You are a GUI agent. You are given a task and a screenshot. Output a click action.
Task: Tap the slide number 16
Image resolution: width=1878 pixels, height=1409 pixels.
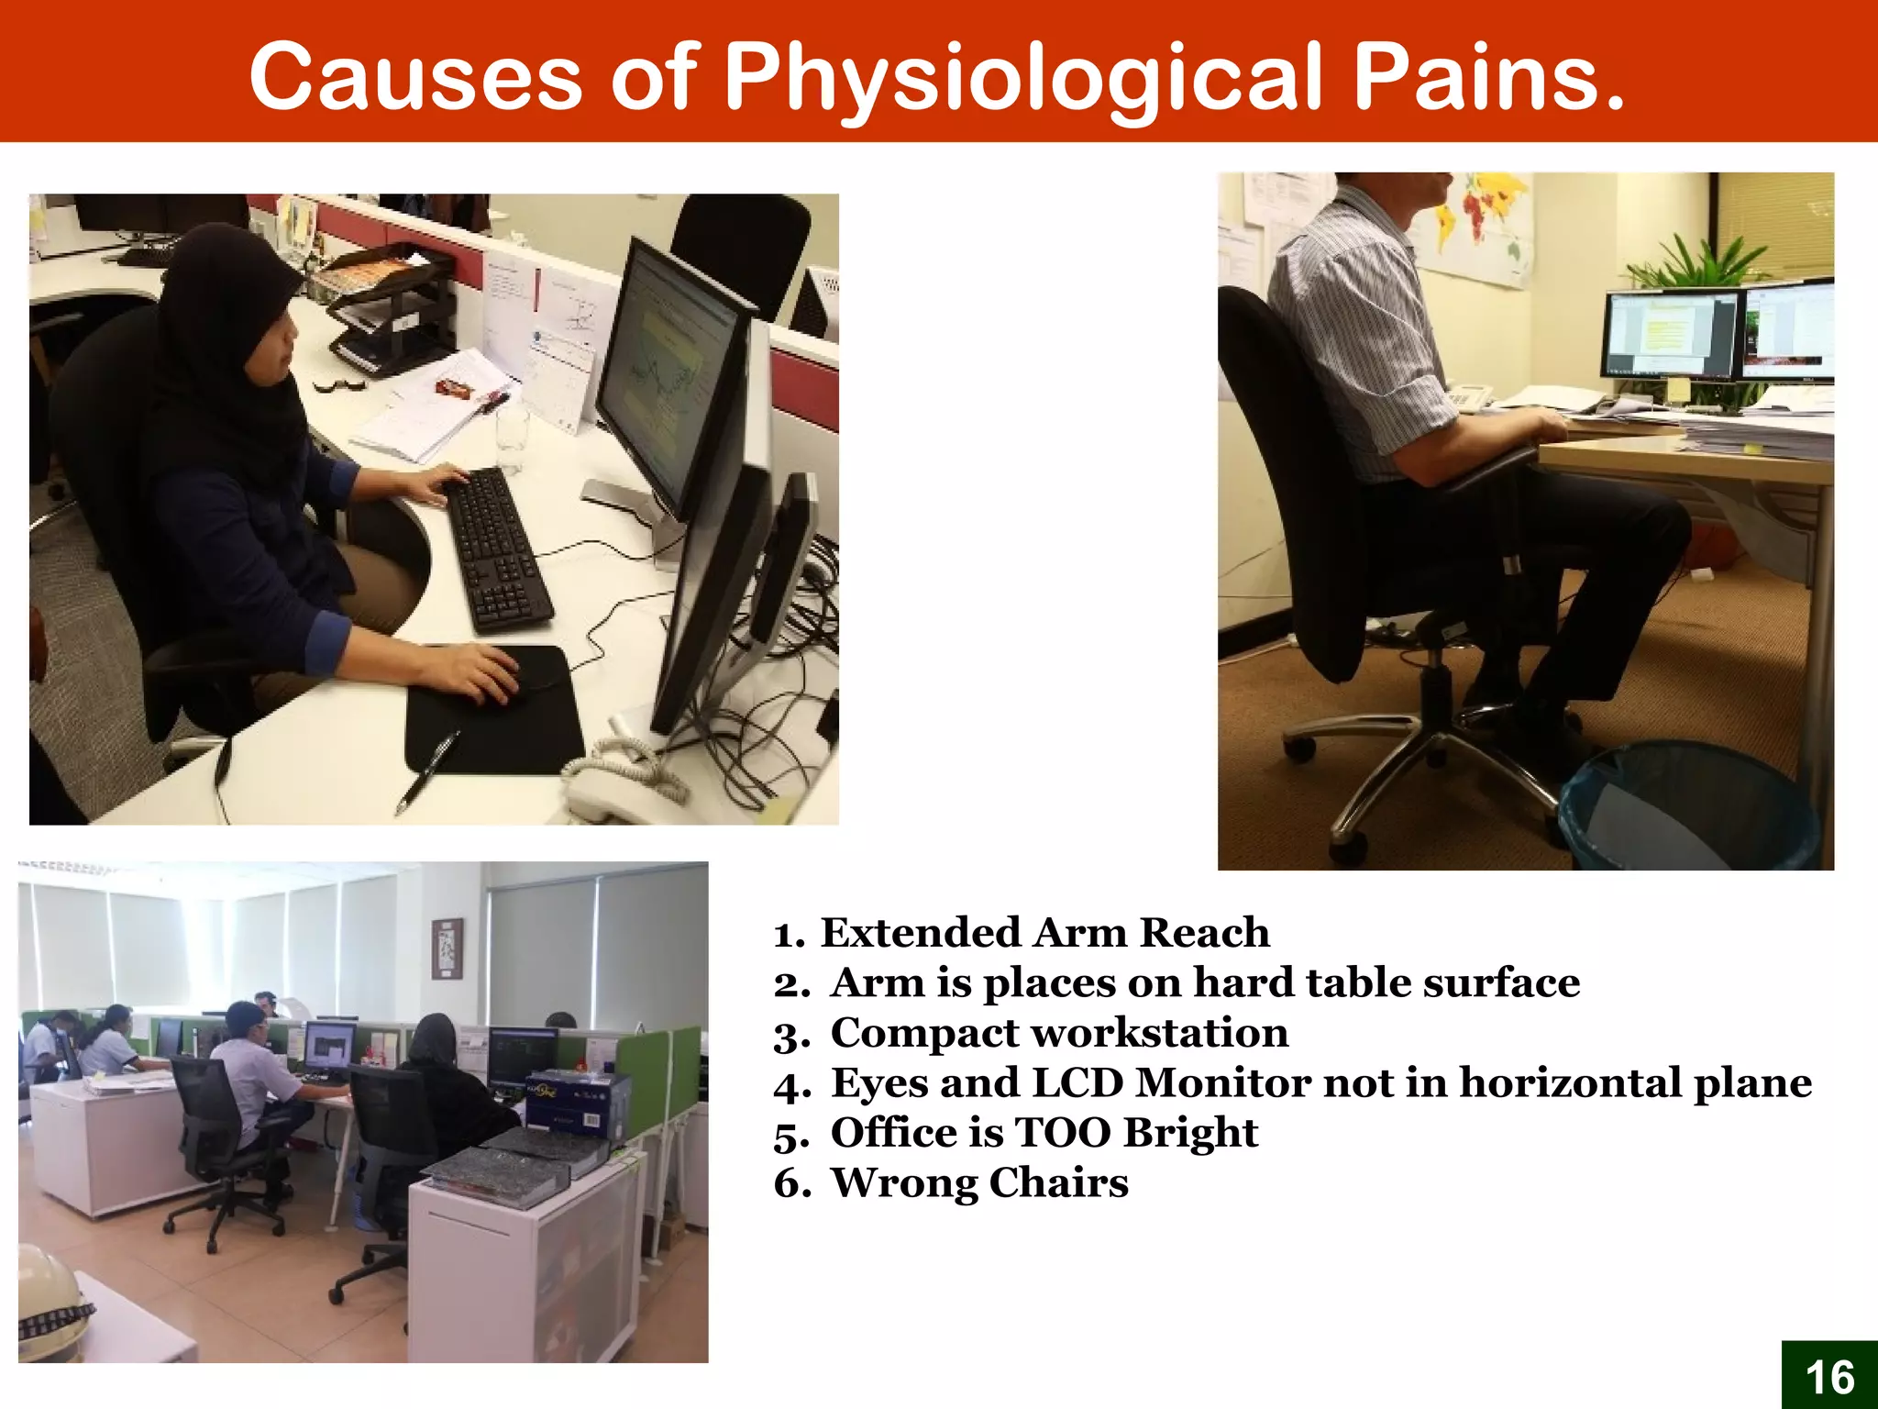(1829, 1377)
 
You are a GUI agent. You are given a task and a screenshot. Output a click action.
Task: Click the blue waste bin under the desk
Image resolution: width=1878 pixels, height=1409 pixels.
(1687, 807)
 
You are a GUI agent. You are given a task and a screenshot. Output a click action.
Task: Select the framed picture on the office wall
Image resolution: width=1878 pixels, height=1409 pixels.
(447, 949)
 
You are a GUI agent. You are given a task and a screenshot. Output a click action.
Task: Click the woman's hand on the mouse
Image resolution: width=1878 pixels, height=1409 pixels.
(477, 674)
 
